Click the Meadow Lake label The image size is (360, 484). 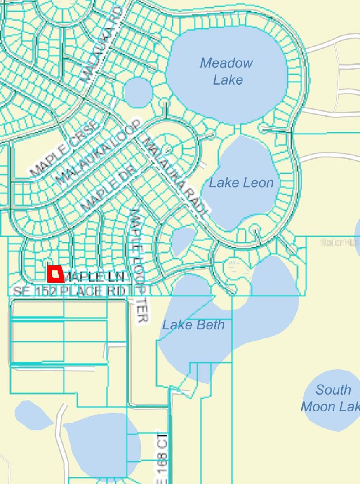click(x=227, y=71)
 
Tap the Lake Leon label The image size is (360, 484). click(x=241, y=183)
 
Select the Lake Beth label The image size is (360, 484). click(x=193, y=325)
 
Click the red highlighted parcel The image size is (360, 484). click(x=56, y=274)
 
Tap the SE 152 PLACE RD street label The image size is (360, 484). click(x=69, y=291)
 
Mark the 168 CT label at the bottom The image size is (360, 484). click(x=162, y=458)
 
